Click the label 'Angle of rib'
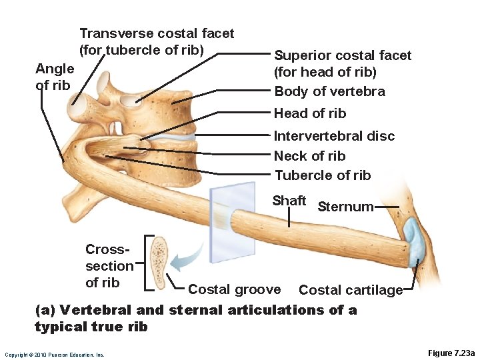(x=54, y=77)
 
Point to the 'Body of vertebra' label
(x=329, y=91)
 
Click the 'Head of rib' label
(x=310, y=113)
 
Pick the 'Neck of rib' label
(x=309, y=156)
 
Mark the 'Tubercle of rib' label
(x=322, y=175)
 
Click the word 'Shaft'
(x=289, y=201)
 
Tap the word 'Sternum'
(x=345, y=207)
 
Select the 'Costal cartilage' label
(x=350, y=290)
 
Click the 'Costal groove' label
(x=234, y=289)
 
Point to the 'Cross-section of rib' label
(x=109, y=266)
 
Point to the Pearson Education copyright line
(x=54, y=355)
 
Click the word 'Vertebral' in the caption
(x=91, y=310)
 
